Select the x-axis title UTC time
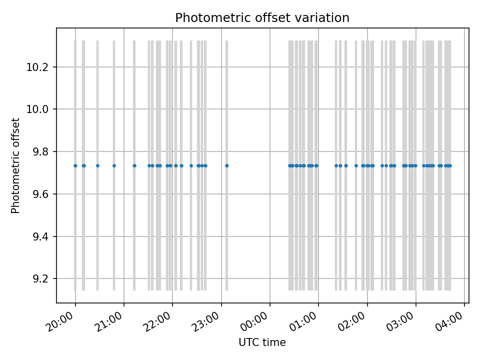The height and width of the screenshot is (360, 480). pyautogui.click(x=262, y=342)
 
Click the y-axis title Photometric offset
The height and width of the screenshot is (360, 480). pyautogui.click(x=15, y=165)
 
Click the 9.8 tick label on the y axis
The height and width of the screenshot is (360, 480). pyautogui.click(x=38, y=151)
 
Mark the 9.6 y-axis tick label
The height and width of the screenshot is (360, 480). pyautogui.click(x=38, y=194)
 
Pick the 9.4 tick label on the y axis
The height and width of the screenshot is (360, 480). pyautogui.click(x=38, y=236)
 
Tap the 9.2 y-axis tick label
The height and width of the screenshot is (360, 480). pyautogui.click(x=38, y=278)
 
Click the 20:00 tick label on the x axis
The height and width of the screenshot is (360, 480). pyautogui.click(x=62, y=318)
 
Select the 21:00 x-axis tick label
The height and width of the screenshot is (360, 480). pyautogui.click(x=111, y=318)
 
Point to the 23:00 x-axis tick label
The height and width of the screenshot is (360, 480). pyautogui.click(x=208, y=318)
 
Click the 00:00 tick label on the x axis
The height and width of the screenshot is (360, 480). pyautogui.click(x=257, y=318)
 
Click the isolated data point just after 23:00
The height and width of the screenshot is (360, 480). pyautogui.click(x=226, y=165)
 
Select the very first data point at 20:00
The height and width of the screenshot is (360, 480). pyautogui.click(x=75, y=165)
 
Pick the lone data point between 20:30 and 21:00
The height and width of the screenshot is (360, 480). pyautogui.click(x=114, y=165)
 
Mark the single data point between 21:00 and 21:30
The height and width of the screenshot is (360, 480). pyautogui.click(x=134, y=165)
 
